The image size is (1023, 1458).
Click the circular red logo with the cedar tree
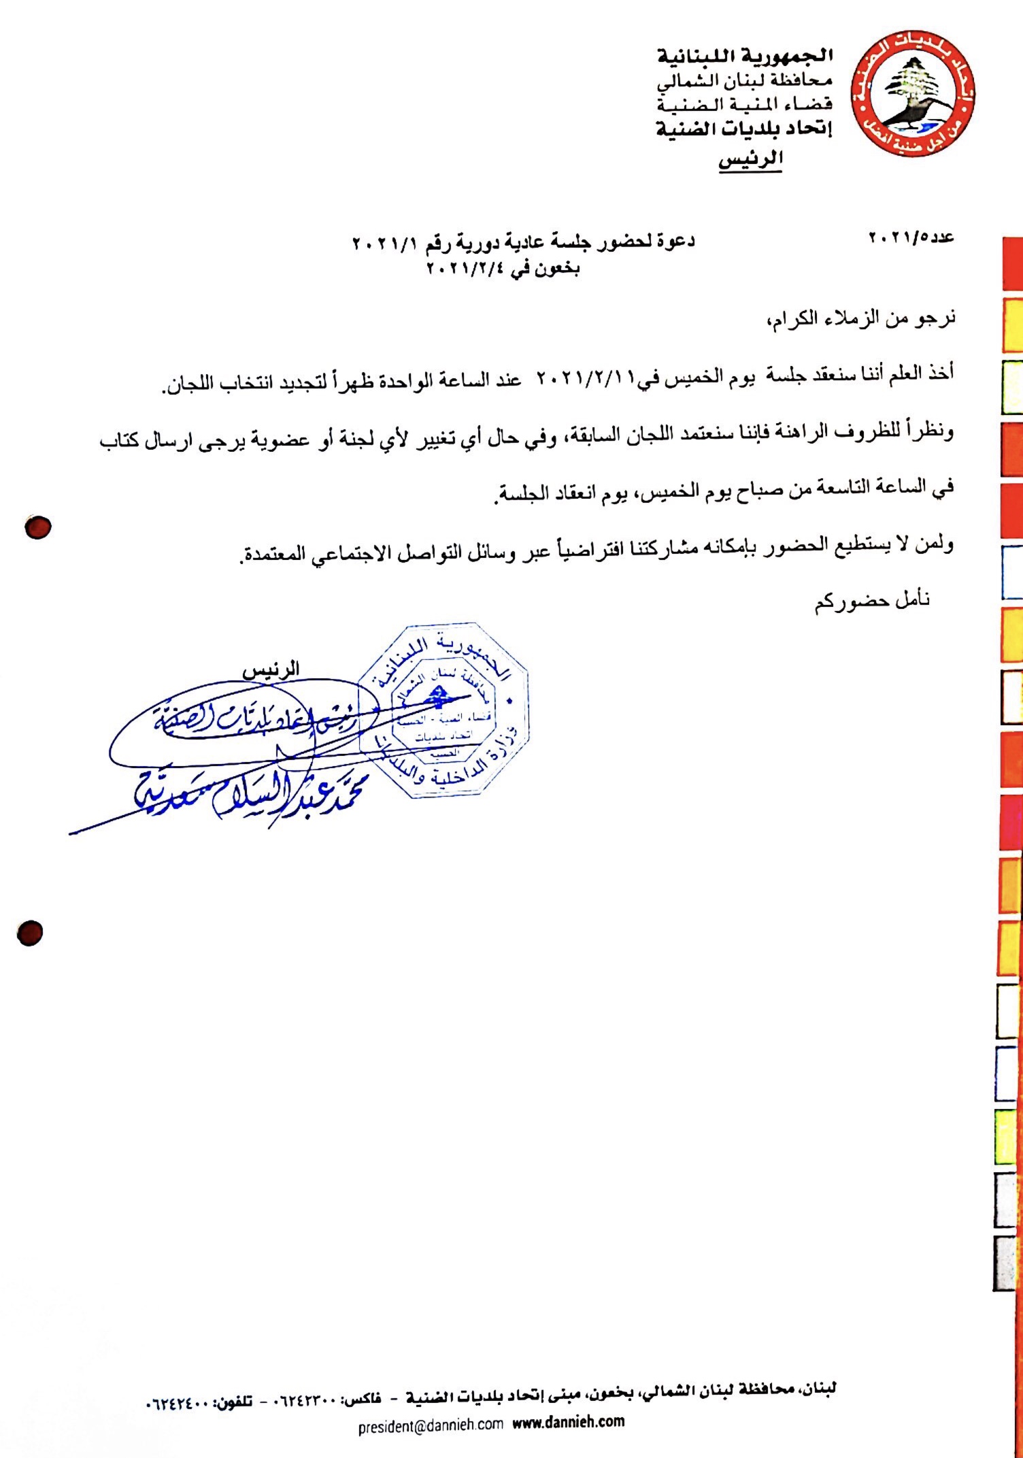pyautogui.click(x=914, y=94)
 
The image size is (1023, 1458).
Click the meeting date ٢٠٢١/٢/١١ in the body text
pyautogui.click(x=586, y=378)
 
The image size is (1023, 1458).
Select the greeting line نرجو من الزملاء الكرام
pyautogui.click(x=860, y=318)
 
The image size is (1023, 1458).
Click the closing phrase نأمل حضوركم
pyautogui.click(x=872, y=601)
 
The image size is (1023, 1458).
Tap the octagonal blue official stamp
pyautogui.click(x=443, y=710)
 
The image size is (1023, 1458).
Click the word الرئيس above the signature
pyautogui.click(x=271, y=670)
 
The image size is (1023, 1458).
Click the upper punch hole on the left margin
pyautogui.click(x=38, y=527)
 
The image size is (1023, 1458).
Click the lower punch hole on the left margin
pyautogui.click(x=31, y=933)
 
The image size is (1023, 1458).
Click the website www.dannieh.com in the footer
pyautogui.click(x=568, y=1421)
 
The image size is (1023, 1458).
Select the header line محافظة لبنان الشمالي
pyautogui.click(x=745, y=81)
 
